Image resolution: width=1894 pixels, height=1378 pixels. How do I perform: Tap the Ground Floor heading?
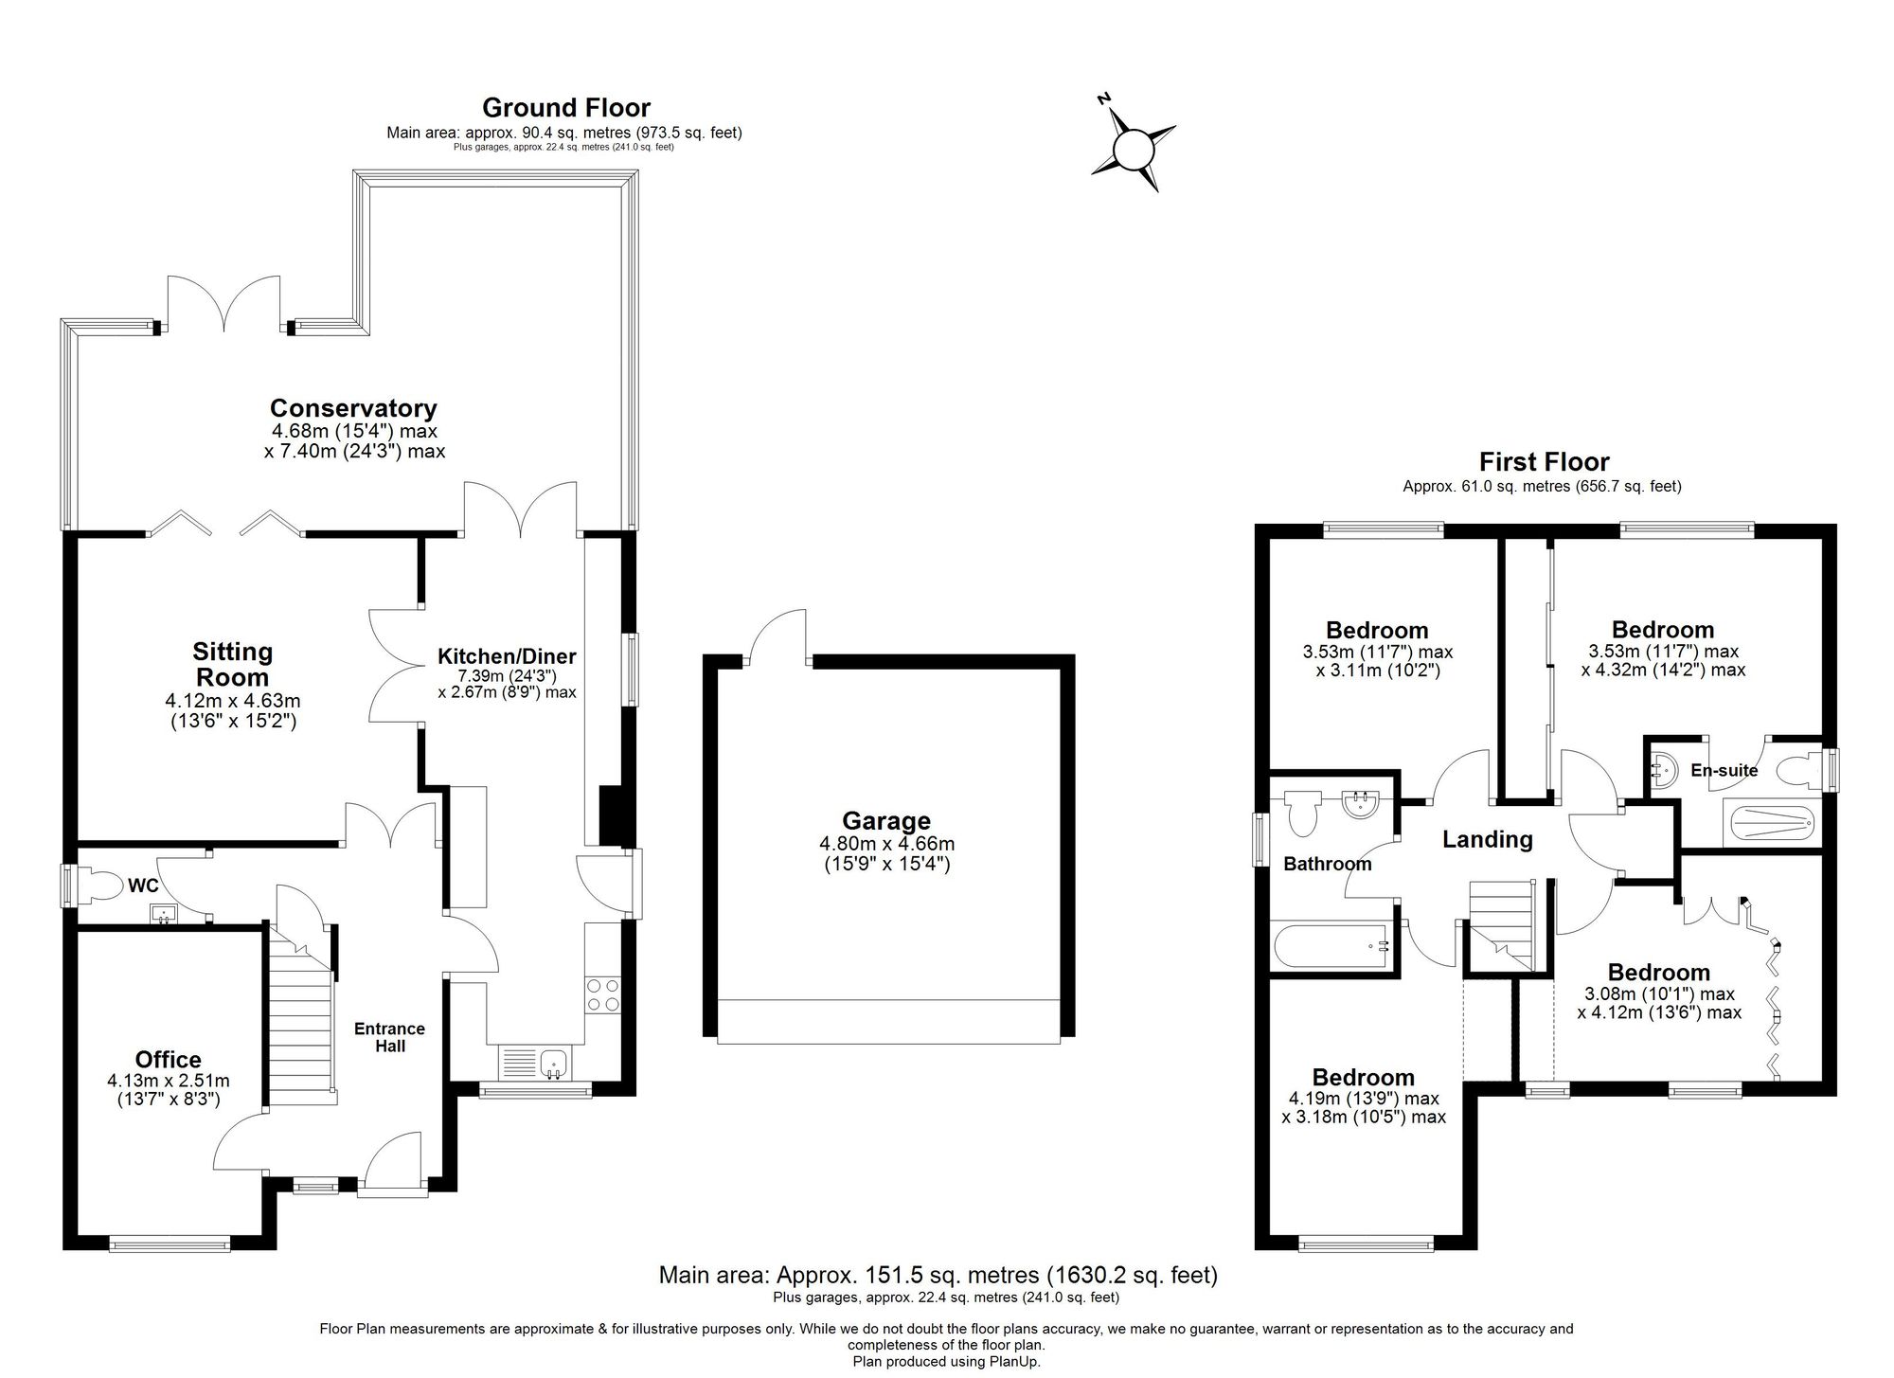coord(565,107)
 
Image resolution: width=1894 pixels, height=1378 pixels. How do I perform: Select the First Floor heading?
coord(1544,462)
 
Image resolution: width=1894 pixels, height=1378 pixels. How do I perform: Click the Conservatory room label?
coord(353,408)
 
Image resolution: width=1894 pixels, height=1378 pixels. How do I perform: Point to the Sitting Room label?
coord(232,664)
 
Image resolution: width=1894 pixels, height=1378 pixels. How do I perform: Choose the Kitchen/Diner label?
coord(507,656)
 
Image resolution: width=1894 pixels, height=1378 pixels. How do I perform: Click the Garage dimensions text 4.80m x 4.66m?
coord(886,844)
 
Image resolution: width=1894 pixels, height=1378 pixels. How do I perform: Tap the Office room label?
coord(168,1060)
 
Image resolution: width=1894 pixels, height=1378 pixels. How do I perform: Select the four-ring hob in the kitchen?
coord(603,994)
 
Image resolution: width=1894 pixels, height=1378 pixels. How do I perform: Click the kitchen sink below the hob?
coord(552,1063)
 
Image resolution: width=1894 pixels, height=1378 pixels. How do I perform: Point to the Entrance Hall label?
coord(389,1037)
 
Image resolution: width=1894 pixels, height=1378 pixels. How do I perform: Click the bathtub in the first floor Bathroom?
coord(1331,948)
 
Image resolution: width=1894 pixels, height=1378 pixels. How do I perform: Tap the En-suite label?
coord(1724,770)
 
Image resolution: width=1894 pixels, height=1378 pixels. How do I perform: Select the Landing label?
coord(1487,839)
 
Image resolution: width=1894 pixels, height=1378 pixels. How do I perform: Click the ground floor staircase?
coord(302,1023)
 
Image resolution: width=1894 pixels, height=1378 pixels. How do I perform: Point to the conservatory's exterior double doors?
coord(224,303)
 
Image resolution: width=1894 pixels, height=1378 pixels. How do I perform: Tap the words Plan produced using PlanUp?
coord(946,1361)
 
